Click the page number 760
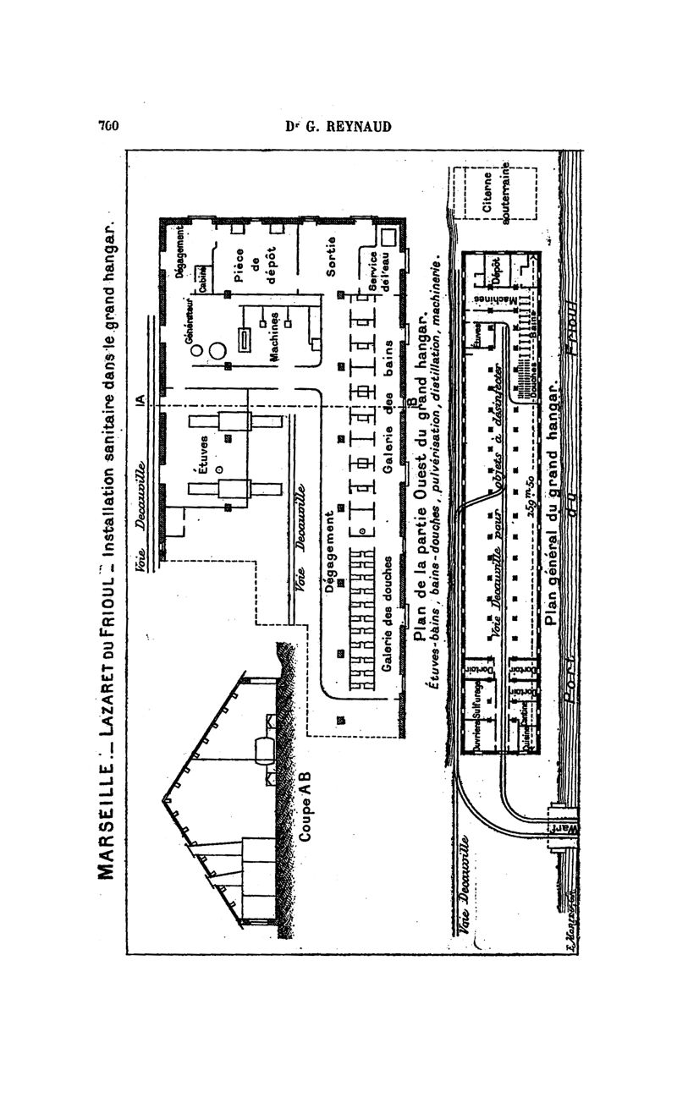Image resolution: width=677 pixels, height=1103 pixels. click(107, 129)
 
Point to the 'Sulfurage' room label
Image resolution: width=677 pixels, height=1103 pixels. click(478, 702)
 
